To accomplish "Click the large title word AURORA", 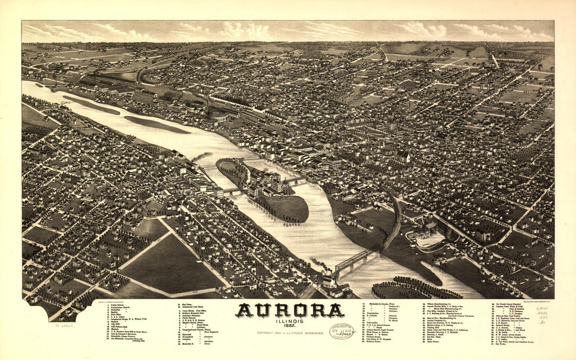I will point(290,311).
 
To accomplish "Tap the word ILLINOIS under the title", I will point(290,322).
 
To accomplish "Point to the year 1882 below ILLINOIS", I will point(290,327).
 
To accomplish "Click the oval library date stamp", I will point(341,331).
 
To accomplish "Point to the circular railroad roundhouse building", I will point(195,106).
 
